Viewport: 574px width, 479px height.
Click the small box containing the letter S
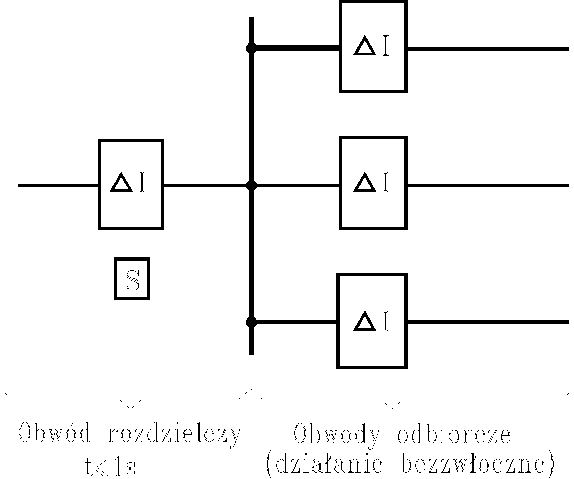click(132, 279)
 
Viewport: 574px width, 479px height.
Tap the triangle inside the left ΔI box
click(122, 182)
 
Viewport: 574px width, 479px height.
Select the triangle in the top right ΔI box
click(365, 46)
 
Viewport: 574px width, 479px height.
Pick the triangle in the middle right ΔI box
click(365, 183)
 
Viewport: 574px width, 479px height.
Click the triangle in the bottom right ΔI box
click(365, 322)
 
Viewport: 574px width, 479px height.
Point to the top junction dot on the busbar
click(251, 49)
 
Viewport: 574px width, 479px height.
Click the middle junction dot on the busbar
click(251, 186)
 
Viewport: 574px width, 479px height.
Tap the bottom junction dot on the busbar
click(251, 322)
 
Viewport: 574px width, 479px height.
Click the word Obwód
click(55, 433)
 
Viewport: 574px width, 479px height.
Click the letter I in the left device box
click(142, 182)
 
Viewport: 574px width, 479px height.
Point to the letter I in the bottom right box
click(385, 322)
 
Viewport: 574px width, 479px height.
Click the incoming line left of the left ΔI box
click(58, 186)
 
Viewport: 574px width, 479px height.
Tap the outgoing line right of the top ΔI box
click(487, 49)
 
